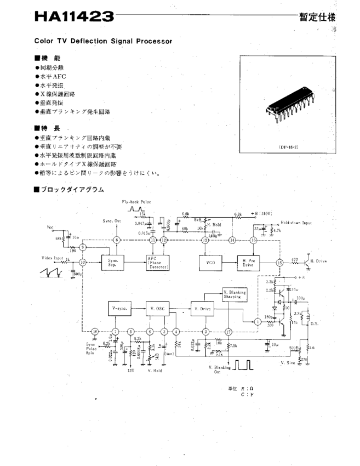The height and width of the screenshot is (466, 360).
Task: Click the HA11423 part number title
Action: [74, 17]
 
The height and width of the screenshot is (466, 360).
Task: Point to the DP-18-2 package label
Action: [289, 147]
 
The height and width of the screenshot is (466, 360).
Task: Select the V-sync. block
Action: [121, 309]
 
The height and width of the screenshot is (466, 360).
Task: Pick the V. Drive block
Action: [203, 309]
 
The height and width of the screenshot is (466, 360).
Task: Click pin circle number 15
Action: [279, 262]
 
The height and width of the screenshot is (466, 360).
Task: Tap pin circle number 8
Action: [116, 240]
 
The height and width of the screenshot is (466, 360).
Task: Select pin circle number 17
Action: [228, 331]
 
